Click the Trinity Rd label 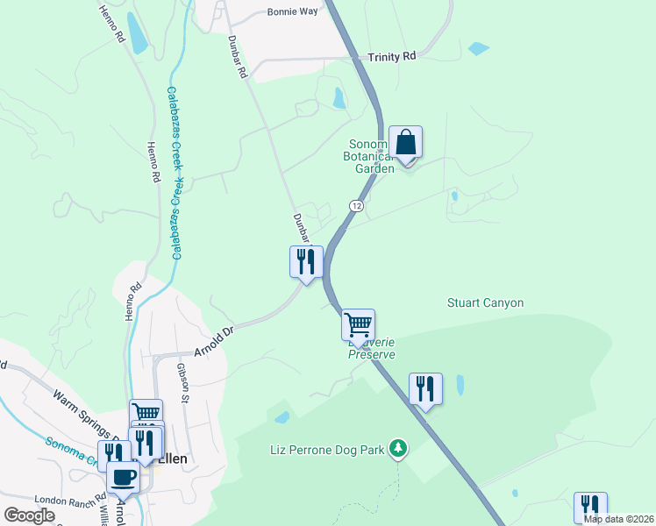pyautogui.click(x=392, y=57)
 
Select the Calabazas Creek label pyautogui.click(x=175, y=173)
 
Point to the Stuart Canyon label pyautogui.click(x=485, y=303)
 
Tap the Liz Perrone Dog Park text pyautogui.click(x=327, y=451)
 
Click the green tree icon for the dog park pyautogui.click(x=399, y=449)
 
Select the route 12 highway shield pyautogui.click(x=355, y=205)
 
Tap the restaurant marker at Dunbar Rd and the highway pyautogui.click(x=306, y=261)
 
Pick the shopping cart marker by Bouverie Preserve pyautogui.click(x=358, y=324)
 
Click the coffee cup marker pyautogui.click(x=123, y=478)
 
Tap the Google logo pyautogui.click(x=29, y=515)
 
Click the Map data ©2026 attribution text pyautogui.click(x=618, y=519)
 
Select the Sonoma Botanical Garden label pyautogui.click(x=374, y=157)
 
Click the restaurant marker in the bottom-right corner pyautogui.click(x=590, y=508)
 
